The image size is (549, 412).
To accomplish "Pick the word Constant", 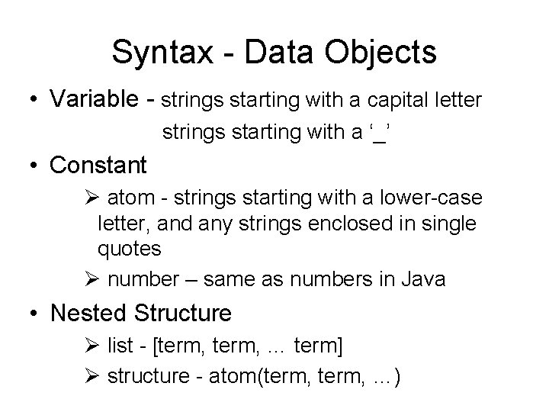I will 97,165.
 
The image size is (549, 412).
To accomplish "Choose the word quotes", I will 129,249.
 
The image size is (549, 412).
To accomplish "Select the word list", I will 120,347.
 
